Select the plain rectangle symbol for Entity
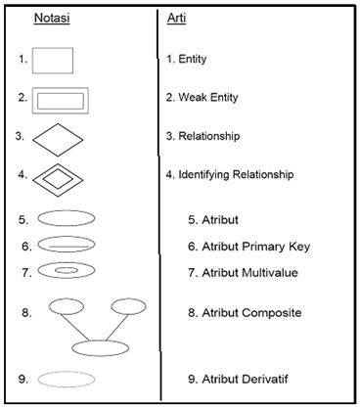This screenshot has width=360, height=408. [53, 60]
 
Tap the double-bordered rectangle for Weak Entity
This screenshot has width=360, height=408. [61, 99]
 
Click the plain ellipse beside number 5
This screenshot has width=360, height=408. [67, 218]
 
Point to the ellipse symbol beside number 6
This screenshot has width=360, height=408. [67, 245]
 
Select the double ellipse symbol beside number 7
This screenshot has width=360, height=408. [67, 270]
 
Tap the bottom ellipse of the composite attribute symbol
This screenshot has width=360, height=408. [101, 347]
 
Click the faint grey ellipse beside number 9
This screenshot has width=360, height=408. [67, 379]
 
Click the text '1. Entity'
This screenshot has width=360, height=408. [187, 60]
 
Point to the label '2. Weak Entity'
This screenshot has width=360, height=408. [202, 98]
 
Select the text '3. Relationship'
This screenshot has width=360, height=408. [202, 136]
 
